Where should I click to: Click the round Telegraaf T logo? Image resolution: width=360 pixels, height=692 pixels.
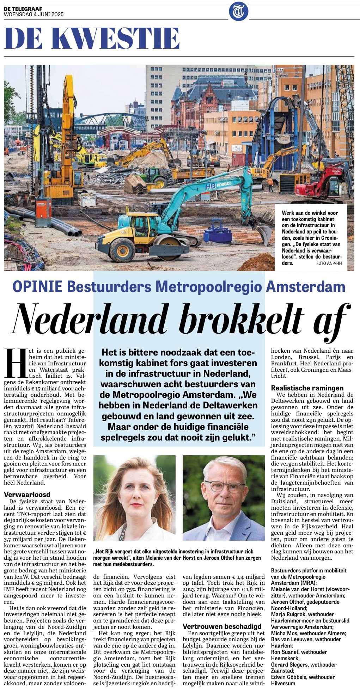[x=239, y=11]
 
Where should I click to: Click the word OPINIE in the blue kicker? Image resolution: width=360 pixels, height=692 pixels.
[x=37, y=286]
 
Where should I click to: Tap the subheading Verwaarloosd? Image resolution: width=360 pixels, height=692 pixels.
[x=27, y=494]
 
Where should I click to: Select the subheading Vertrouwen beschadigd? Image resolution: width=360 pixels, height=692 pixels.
[x=222, y=626]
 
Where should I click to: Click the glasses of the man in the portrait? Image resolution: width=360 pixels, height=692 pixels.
[x=224, y=486]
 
